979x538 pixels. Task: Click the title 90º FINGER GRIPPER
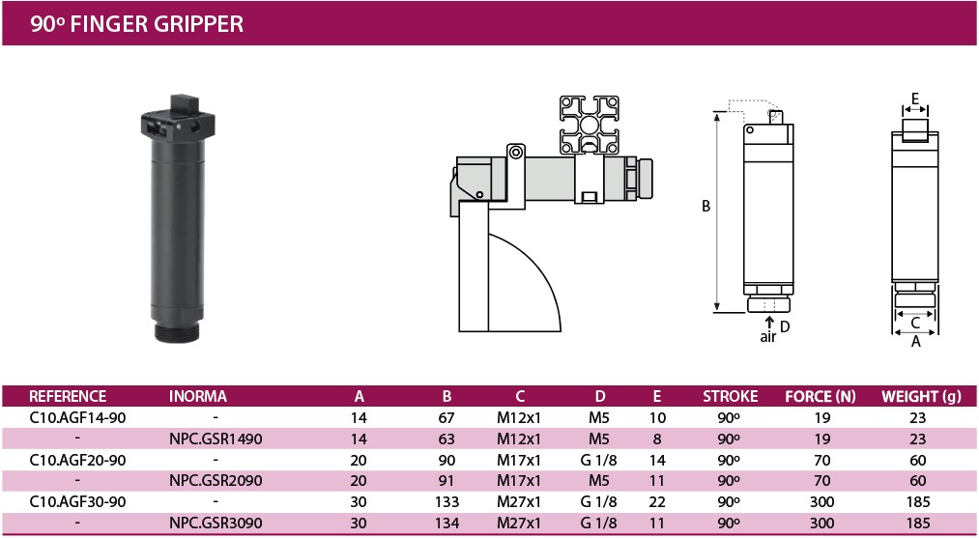click(x=136, y=23)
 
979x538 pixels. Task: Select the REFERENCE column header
click(x=68, y=396)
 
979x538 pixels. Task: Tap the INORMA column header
click(x=198, y=396)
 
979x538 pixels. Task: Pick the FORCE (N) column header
click(x=821, y=396)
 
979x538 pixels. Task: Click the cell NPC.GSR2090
click(x=216, y=480)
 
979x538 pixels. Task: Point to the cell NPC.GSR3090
click(x=216, y=522)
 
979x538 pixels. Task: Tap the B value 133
click(x=446, y=501)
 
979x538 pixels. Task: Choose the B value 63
click(x=446, y=439)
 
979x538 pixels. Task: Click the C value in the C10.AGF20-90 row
click(x=520, y=459)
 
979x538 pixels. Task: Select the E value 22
click(x=657, y=501)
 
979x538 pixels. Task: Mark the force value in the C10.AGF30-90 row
click(x=821, y=501)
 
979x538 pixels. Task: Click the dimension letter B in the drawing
click(x=705, y=206)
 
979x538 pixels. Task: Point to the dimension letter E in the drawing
click(x=914, y=98)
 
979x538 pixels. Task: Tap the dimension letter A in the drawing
click(x=915, y=340)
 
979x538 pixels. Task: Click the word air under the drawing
click(x=768, y=337)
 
